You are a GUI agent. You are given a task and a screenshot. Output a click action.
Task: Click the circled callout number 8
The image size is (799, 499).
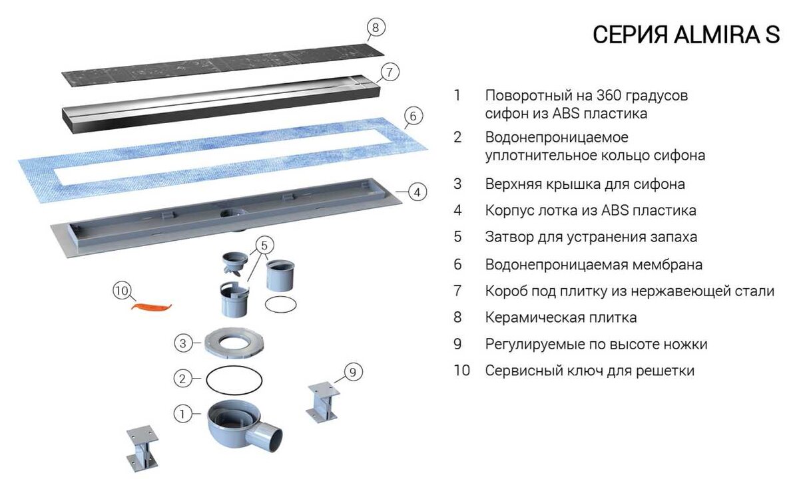coord(376,27)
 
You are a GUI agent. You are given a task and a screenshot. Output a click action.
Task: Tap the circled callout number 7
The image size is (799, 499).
coord(391,73)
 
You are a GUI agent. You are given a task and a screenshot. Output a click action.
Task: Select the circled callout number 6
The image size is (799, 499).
coord(413,116)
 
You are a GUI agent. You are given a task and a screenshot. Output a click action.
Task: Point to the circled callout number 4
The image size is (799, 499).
coord(417,192)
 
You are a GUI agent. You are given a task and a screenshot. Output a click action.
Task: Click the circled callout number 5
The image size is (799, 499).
coord(263,244)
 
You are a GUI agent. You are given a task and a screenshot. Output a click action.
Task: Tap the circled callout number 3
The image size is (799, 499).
coord(183,343)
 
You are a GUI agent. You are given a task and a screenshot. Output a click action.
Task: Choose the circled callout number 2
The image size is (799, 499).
coord(183,379)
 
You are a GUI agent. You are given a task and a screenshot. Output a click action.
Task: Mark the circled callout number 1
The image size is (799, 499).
coord(183,414)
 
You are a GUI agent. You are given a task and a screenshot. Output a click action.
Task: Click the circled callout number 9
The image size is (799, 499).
coord(353,371)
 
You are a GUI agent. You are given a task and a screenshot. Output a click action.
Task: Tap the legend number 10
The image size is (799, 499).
coord(461,371)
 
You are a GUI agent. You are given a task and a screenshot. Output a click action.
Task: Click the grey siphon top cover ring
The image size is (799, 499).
coord(231,343)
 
